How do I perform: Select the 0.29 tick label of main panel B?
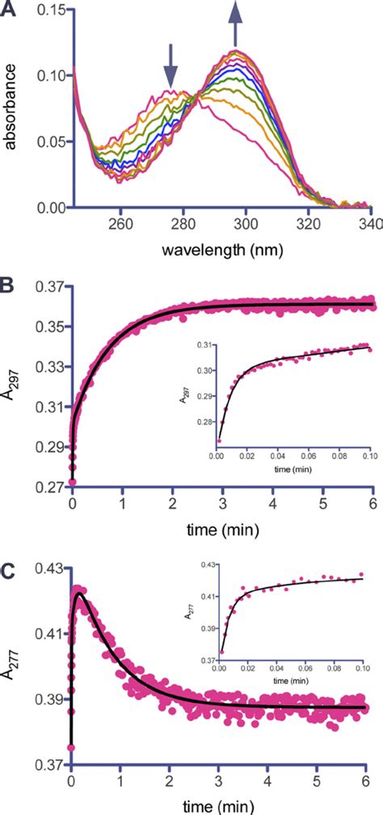[x=47, y=447]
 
